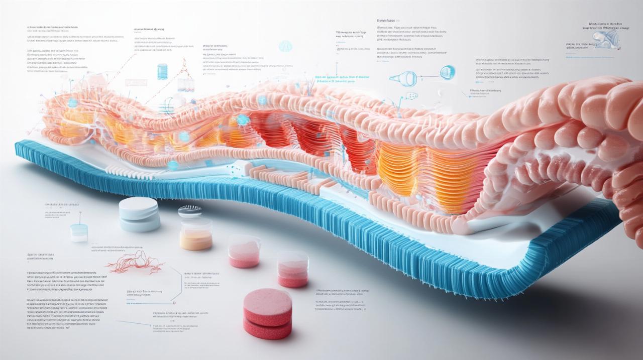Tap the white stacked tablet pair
pos(139,214)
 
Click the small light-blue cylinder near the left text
pos(79,232)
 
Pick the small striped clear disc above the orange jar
pos(189,211)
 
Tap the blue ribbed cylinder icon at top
pos(162,71)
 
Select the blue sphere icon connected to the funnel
pos(447,72)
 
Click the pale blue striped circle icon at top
pos(285,47)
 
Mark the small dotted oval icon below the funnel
pos(411,95)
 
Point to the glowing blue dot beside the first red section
pos(243,119)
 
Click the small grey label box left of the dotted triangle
pos(136,82)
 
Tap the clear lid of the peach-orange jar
pos(196,223)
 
